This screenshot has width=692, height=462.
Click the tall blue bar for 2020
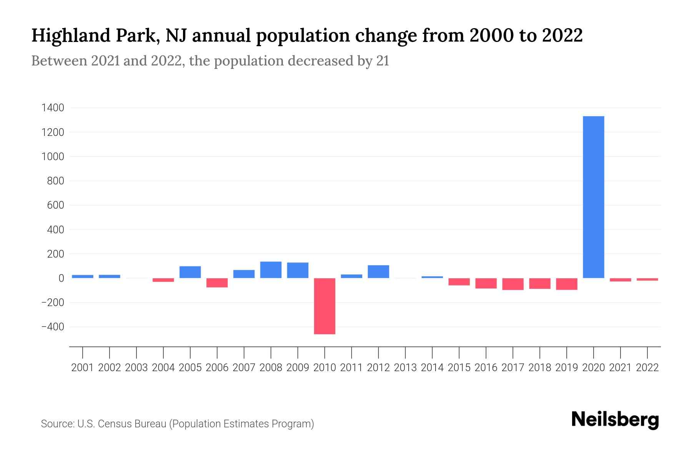point(594,197)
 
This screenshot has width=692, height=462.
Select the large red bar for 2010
point(324,306)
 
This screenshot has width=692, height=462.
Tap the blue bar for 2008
point(271,270)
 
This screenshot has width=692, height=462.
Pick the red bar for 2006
point(217,283)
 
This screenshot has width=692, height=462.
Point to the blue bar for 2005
point(190,272)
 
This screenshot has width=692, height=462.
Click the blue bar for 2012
point(378,271)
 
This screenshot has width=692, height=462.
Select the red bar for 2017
point(513,284)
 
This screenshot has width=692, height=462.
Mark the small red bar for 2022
point(647,279)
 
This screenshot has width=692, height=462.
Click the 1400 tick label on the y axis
point(52,108)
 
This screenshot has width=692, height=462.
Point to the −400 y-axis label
point(52,327)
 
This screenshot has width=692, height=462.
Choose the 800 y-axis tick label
point(55,181)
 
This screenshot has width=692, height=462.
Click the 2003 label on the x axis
point(136,368)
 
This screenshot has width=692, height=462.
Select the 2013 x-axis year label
point(405,368)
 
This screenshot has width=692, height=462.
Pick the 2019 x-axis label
point(567,368)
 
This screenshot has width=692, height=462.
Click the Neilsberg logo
point(615,420)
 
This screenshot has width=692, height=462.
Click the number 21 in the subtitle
point(383,61)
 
